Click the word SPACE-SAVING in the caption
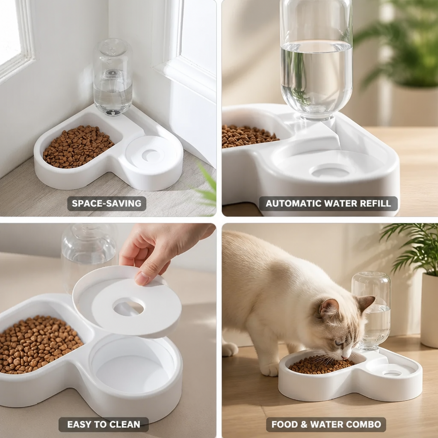click(107, 203)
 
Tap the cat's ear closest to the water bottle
click(365, 304)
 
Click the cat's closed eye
click(339, 343)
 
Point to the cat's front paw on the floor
click(269, 369)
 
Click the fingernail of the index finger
click(142, 278)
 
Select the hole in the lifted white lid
click(128, 307)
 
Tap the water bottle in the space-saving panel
click(112, 77)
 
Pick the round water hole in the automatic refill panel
click(331, 171)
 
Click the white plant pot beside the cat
click(429, 310)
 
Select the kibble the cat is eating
click(321, 364)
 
